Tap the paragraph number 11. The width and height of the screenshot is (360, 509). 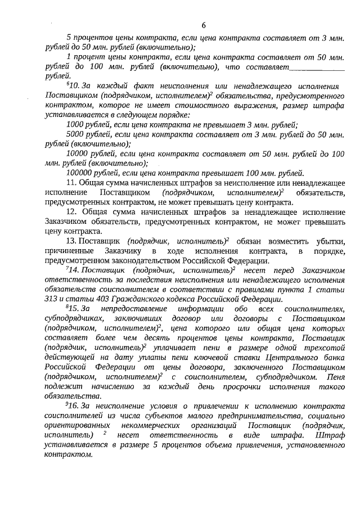pyautogui.click(x=71, y=183)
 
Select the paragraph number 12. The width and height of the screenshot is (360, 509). pyautogui.click(x=71, y=212)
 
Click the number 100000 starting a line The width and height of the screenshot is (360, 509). pyautogui.click(x=78, y=173)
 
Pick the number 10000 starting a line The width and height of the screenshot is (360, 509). pyautogui.click(x=76, y=154)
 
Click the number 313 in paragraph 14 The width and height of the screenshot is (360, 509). pyautogui.click(x=52, y=299)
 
